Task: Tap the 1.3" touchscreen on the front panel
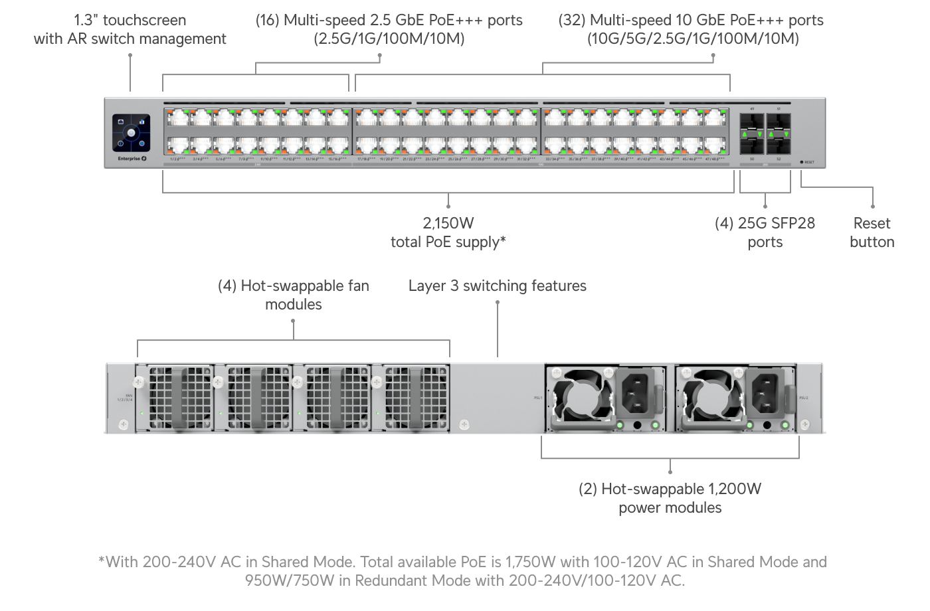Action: pos(131,132)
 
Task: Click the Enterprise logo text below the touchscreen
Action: pos(128,159)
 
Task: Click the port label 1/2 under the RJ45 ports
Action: pos(176,159)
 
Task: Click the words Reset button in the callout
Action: pos(872,232)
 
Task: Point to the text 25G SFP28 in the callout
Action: pos(776,223)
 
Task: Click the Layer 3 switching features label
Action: pos(497,286)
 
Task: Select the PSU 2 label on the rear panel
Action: pos(802,397)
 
